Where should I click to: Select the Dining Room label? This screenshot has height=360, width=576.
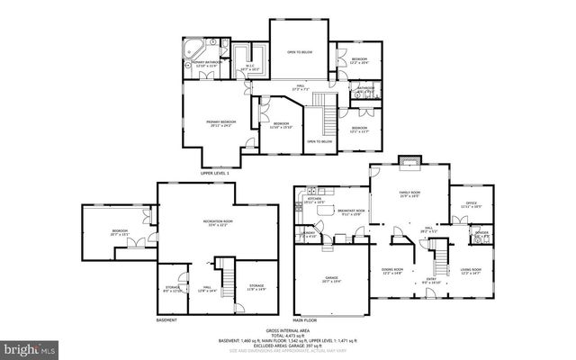click(391, 272)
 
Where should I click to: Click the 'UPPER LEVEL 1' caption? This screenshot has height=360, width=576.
click(215, 173)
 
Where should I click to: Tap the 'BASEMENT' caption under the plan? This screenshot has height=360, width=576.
click(166, 320)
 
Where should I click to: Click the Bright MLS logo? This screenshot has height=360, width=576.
click(29, 347)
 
